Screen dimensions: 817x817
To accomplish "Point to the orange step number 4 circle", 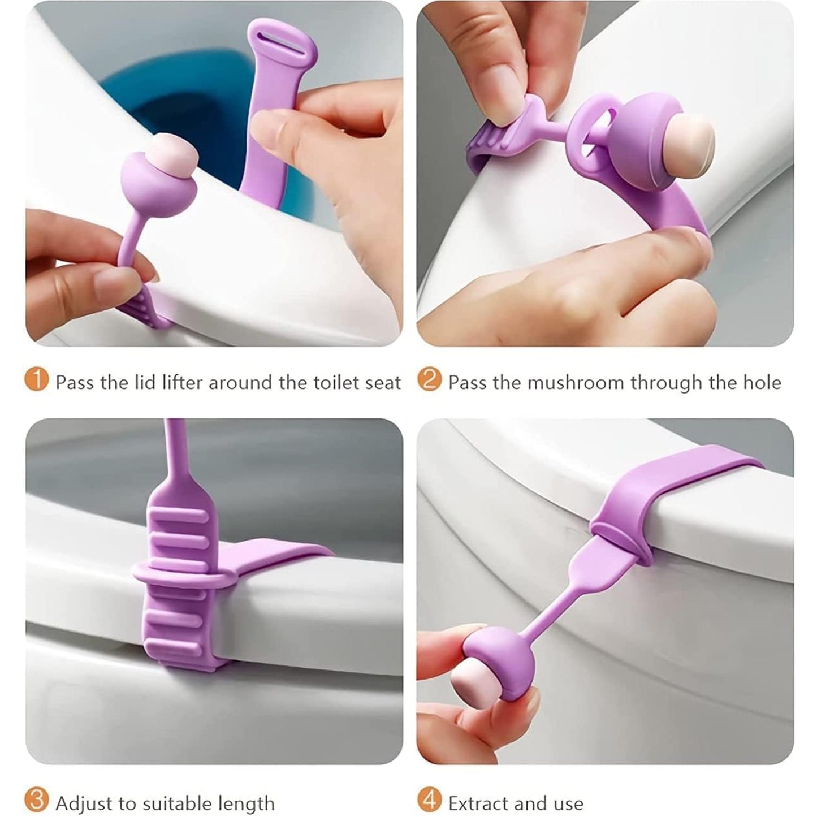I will point(429,801).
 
